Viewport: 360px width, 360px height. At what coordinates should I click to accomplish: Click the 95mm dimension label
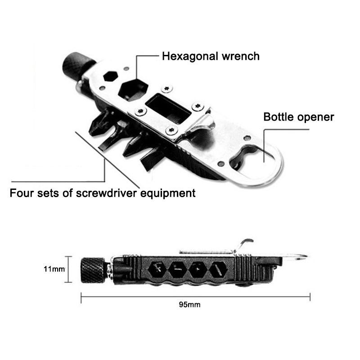(189, 305)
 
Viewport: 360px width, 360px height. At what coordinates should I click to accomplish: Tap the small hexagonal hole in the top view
(110, 76)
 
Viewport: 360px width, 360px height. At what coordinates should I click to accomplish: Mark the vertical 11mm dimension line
(68, 269)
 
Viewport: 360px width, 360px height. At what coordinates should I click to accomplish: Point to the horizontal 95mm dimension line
(195, 296)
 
